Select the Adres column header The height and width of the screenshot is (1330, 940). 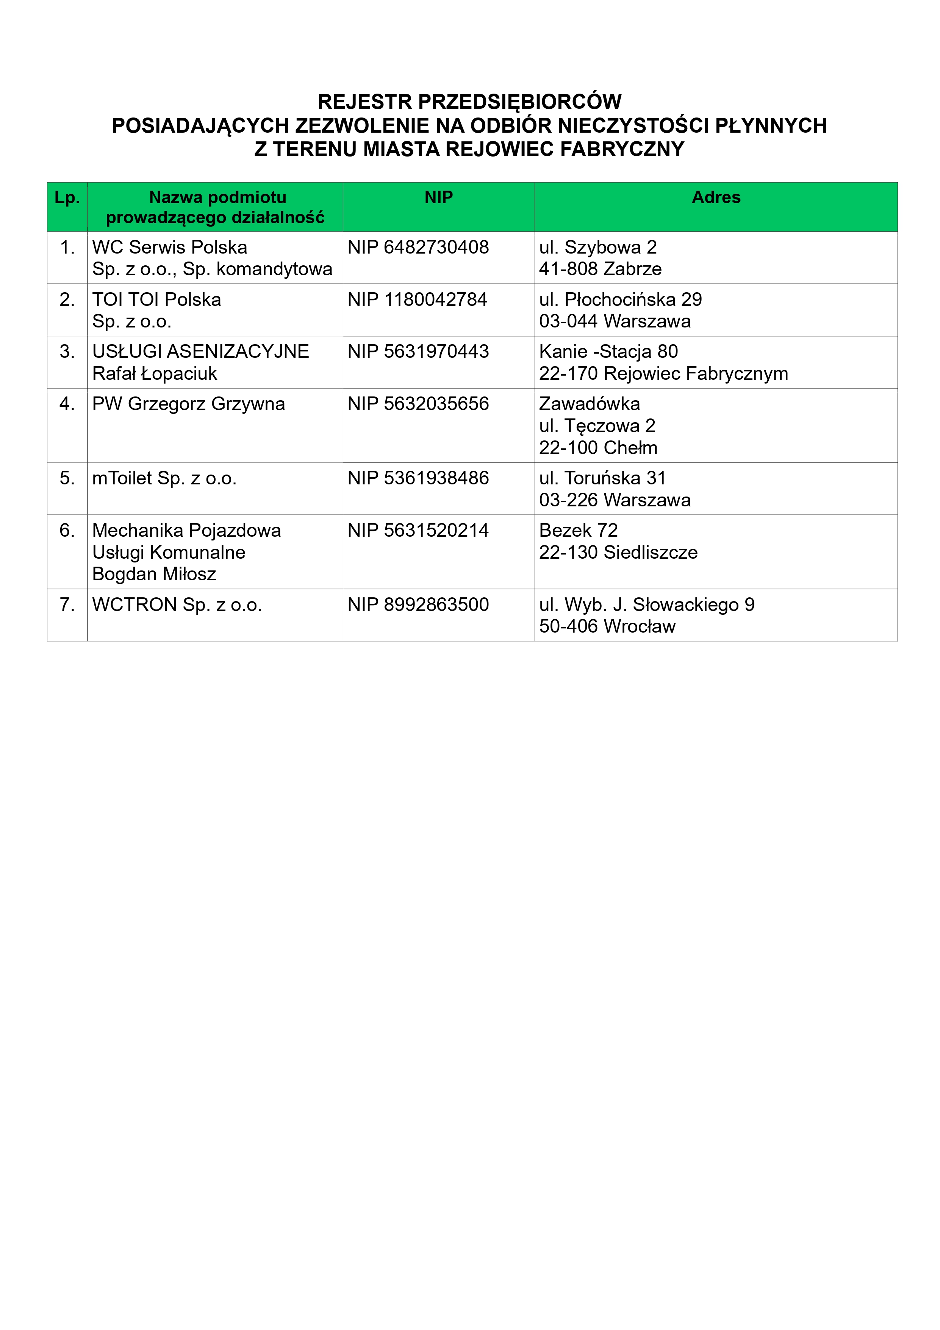click(x=716, y=197)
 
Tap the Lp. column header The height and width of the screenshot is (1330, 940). click(x=67, y=197)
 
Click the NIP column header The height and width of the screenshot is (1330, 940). click(x=438, y=197)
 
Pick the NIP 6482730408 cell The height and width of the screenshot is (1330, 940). click(x=418, y=248)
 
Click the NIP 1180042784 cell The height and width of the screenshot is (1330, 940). click(x=417, y=299)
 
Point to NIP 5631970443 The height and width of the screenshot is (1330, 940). click(x=418, y=352)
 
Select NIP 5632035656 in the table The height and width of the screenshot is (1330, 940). click(x=418, y=404)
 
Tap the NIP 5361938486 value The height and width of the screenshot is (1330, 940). click(x=418, y=478)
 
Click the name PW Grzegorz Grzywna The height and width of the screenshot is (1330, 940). click(x=188, y=404)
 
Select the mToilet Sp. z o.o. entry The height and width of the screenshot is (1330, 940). click(x=164, y=478)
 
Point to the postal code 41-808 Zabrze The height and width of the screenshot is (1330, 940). click(x=600, y=269)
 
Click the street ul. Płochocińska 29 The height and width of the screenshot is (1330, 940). click(x=620, y=299)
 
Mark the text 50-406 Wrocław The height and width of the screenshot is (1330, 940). click(x=607, y=626)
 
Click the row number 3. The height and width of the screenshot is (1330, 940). click(x=67, y=352)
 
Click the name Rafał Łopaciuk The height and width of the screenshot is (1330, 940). click(x=155, y=374)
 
